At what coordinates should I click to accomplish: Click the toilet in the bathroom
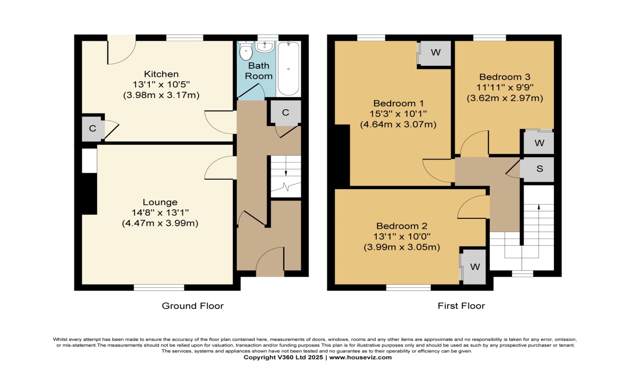(x=246, y=50)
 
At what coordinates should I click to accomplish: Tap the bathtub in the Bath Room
(x=288, y=68)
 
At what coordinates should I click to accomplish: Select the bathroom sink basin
(x=264, y=47)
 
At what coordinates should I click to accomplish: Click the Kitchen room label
(x=161, y=74)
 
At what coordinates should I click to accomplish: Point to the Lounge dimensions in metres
(x=160, y=223)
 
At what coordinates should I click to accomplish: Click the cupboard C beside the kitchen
(x=93, y=129)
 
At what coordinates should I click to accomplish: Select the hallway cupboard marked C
(x=285, y=113)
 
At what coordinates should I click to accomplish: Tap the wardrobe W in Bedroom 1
(x=436, y=52)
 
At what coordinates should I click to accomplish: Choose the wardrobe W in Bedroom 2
(x=474, y=267)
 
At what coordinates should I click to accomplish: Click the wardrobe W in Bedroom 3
(x=539, y=143)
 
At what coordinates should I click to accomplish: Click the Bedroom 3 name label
(x=505, y=77)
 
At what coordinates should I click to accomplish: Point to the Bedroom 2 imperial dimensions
(x=402, y=236)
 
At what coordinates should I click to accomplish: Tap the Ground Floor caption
(x=193, y=306)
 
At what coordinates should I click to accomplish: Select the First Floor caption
(x=462, y=306)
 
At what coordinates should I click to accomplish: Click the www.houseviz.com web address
(x=360, y=357)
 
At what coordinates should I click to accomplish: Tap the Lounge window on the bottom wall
(x=159, y=288)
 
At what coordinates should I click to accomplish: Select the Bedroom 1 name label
(x=399, y=103)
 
